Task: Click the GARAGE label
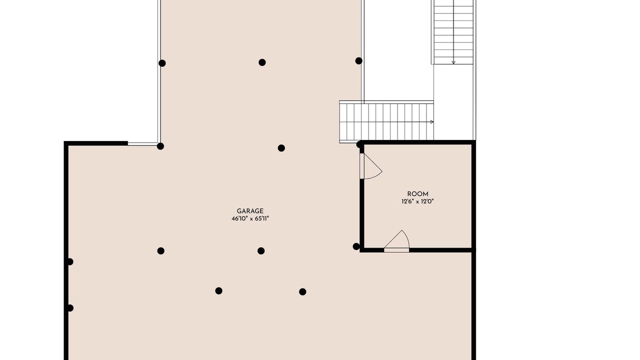(250, 211)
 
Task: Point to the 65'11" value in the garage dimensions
(261, 219)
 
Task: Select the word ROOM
(417, 194)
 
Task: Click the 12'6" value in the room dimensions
(407, 201)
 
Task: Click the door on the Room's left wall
(370, 166)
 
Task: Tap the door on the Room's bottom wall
(396, 241)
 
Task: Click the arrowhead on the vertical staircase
(453, 62)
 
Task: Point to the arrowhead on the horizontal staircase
(432, 121)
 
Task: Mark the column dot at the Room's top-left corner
(359, 144)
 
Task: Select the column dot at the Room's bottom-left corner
(356, 246)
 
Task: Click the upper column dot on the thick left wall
(70, 261)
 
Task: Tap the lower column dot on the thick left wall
(70, 308)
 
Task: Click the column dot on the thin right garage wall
(359, 60)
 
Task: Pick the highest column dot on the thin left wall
(162, 63)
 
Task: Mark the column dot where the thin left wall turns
(160, 146)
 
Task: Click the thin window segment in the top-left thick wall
(142, 143)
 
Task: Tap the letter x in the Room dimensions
(417, 202)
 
